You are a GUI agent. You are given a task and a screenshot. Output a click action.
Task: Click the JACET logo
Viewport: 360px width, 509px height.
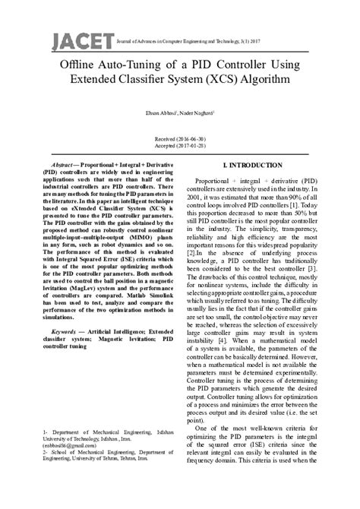[73, 40]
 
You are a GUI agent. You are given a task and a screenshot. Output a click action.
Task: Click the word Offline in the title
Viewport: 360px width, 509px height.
[78, 65]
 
